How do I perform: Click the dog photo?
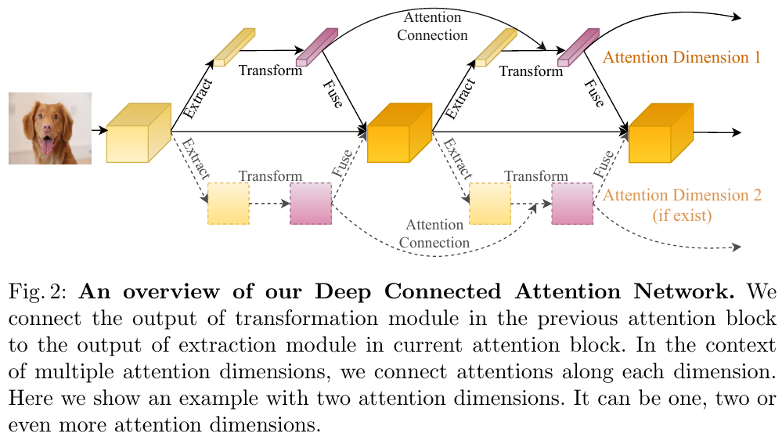[49, 128]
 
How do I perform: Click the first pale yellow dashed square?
[229, 203]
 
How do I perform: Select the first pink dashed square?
[311, 203]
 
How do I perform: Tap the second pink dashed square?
[572, 203]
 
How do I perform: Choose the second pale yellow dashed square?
[490, 203]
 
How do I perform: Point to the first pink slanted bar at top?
[317, 48]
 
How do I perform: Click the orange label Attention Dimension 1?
[682, 57]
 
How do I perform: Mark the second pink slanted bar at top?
[578, 48]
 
